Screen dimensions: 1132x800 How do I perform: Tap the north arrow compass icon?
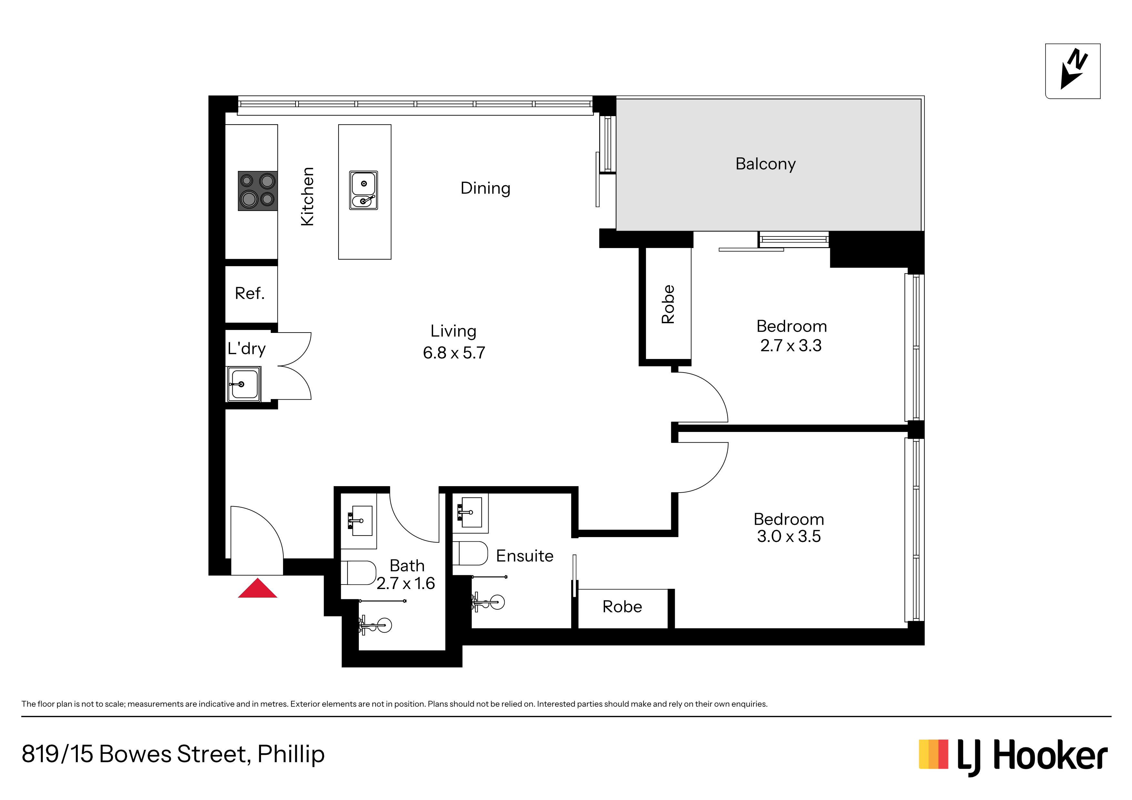[1073, 71]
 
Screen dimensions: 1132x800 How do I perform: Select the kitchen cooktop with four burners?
[258, 191]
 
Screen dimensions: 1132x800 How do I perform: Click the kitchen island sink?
[363, 190]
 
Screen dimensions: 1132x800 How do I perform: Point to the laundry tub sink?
[244, 384]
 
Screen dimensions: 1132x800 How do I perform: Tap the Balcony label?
[765, 164]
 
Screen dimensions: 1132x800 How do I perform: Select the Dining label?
[485, 188]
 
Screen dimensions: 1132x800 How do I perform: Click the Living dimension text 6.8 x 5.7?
[454, 353]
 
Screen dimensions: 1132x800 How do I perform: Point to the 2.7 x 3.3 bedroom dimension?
[791, 345]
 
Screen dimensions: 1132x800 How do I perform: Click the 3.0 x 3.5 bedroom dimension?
[789, 536]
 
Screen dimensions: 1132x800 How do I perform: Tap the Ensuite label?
[525, 556]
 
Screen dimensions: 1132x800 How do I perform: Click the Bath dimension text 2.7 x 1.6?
[406, 584]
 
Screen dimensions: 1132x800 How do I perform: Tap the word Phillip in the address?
[291, 755]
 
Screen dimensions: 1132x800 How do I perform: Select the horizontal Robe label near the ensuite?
[622, 607]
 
